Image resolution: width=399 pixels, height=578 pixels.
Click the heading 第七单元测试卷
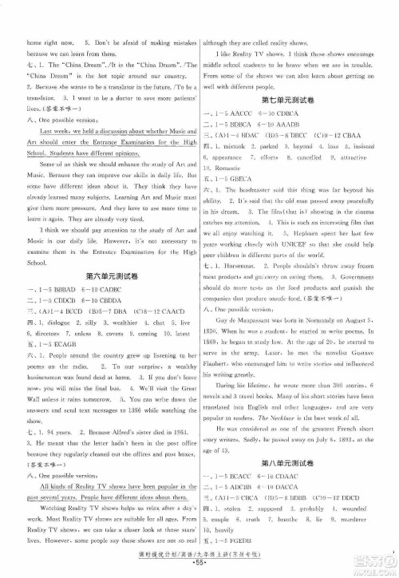pos(297,98)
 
